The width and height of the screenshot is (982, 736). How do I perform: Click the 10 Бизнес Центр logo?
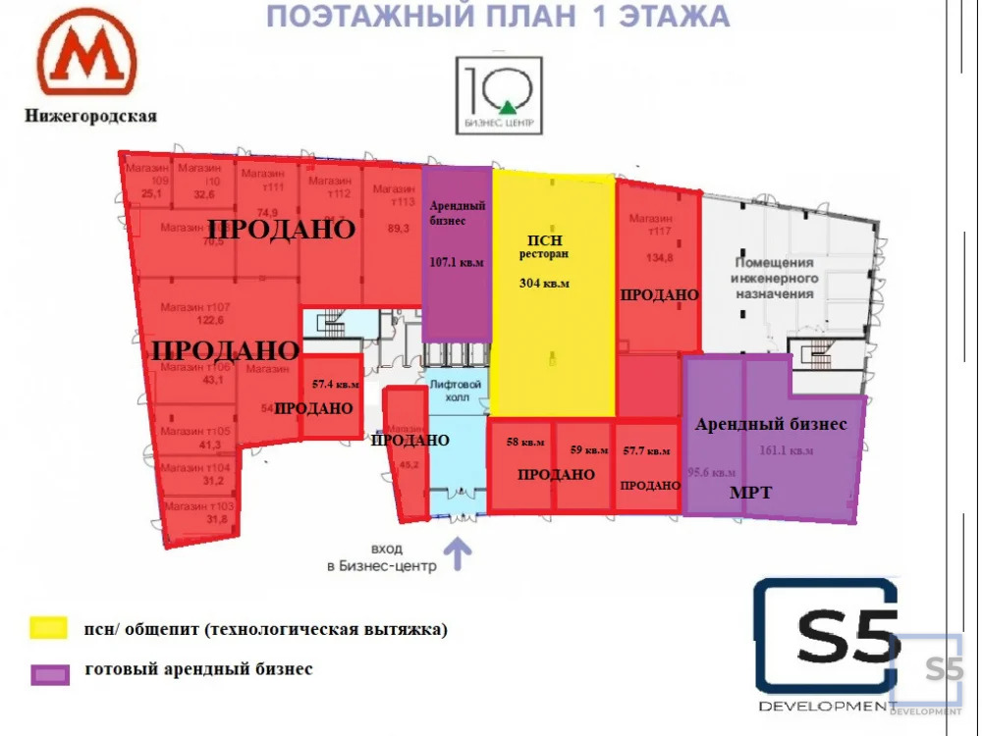tap(499, 94)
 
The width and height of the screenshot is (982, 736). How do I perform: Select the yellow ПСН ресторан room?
tap(554, 334)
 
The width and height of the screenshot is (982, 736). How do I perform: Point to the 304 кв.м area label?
tap(544, 284)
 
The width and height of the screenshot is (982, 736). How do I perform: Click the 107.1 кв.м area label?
tap(457, 262)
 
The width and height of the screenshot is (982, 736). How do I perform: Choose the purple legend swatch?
tap(49, 674)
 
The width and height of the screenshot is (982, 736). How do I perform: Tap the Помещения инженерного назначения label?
tap(775, 279)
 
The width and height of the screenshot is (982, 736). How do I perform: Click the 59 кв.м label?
tap(589, 450)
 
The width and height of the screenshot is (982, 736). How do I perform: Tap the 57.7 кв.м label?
tap(646, 450)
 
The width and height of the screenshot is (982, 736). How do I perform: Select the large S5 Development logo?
tap(826, 643)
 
